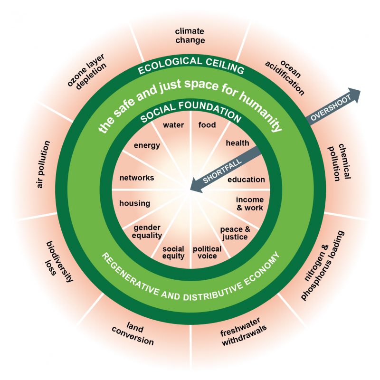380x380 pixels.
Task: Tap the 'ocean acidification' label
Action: click(285, 76)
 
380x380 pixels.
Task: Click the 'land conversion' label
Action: click(133, 335)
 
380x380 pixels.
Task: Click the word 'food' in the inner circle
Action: click(207, 125)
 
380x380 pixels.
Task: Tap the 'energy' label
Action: click(147, 145)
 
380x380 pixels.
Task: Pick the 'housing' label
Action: click(134, 203)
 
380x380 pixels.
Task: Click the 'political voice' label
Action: click(207, 252)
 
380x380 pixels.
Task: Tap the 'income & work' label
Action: click(249, 204)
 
